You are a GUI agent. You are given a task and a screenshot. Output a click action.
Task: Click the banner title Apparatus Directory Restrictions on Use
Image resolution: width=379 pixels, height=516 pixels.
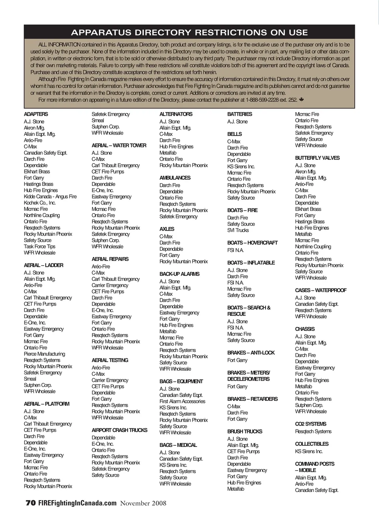[x=189, y=32]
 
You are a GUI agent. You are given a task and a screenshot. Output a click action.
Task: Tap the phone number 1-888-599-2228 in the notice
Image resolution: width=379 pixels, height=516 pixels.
[x=262, y=100]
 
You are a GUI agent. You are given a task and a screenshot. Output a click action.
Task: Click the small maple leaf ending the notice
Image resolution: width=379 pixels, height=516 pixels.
[x=302, y=100]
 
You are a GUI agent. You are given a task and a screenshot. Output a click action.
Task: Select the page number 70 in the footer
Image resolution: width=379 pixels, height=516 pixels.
[x=30, y=503]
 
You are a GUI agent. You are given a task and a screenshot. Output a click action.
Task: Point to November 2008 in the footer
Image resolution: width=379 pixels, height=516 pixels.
[x=143, y=503]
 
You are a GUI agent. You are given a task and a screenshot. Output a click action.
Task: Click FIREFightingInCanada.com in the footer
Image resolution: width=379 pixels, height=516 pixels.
[x=77, y=503]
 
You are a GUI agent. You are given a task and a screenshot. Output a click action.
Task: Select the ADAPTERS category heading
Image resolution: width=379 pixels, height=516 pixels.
[x=36, y=114]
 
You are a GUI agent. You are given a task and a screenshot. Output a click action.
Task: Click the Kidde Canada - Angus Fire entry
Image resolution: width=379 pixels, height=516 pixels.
[x=50, y=197]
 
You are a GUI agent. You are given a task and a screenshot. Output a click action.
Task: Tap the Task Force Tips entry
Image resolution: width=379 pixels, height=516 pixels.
[x=39, y=246]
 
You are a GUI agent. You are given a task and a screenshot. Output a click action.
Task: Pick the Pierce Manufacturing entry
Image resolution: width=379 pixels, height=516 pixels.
[x=44, y=354]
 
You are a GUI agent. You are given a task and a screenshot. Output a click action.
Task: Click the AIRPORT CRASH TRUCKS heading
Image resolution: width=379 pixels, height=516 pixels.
[x=119, y=430]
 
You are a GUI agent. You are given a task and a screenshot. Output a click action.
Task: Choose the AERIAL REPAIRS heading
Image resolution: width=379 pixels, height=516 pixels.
[x=110, y=259]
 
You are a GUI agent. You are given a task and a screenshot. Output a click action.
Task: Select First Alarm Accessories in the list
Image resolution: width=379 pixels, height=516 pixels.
[x=182, y=401]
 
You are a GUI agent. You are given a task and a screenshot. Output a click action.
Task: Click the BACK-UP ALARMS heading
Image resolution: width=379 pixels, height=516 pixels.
[x=179, y=274]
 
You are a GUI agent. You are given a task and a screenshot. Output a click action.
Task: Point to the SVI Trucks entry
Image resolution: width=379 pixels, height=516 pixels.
[x=238, y=230]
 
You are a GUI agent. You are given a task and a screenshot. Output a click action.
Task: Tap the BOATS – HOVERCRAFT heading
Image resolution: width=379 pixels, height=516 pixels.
[x=252, y=243]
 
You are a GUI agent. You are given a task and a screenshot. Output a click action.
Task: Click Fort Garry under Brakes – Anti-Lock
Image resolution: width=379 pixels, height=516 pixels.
[x=237, y=360]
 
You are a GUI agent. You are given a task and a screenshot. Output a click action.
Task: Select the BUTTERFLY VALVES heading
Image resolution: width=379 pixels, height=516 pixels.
[x=317, y=158]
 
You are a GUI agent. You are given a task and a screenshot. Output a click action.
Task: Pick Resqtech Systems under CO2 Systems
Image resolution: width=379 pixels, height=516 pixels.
[x=313, y=432]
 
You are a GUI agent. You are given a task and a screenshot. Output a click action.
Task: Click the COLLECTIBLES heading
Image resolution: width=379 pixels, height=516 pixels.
[x=311, y=444]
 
